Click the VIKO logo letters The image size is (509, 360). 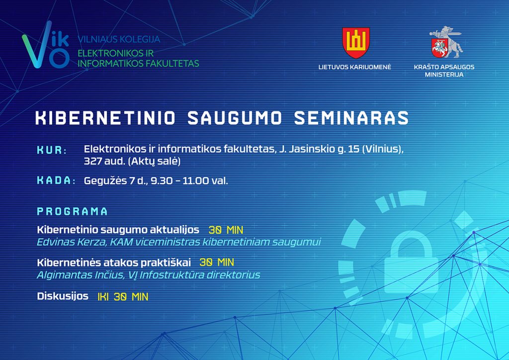pos(45,45)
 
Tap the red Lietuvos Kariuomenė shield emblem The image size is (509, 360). pos(356,43)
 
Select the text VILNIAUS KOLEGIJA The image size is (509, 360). pos(119,40)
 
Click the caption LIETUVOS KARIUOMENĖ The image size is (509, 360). pos(355,67)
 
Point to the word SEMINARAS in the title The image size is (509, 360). pos(351,118)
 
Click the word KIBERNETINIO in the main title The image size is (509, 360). pos(105,118)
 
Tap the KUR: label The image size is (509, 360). pos(52,150)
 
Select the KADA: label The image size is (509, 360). pos(56,180)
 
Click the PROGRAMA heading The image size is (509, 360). pos(72,212)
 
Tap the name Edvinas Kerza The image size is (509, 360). pos(71,242)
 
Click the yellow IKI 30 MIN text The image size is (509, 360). pos(123,297)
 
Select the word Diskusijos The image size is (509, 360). pos(63,296)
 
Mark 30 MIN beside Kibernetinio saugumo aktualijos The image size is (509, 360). pos(226,230)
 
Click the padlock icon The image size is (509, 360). pos(412,260)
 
